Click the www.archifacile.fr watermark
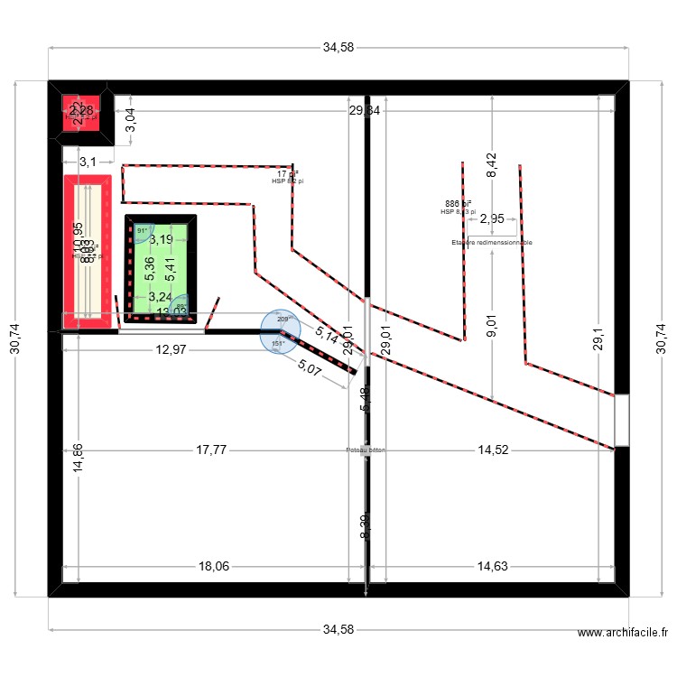[623, 635]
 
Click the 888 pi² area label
[459, 204]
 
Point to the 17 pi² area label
[287, 173]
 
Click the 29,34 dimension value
[366, 110]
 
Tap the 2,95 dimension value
[493, 218]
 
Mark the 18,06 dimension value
[213, 566]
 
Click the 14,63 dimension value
[492, 566]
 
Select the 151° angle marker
[278, 343]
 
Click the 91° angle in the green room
[142, 231]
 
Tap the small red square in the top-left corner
[79, 113]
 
